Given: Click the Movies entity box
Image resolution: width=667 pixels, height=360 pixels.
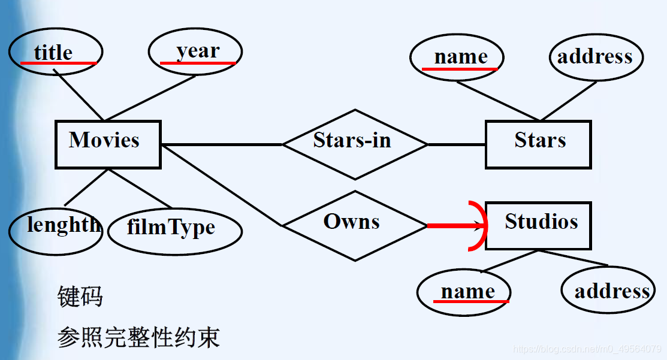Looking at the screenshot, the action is (x=108, y=144).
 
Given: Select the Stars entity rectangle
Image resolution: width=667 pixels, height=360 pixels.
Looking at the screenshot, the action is (x=538, y=144).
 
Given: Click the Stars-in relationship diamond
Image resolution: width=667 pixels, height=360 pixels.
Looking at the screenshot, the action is (x=354, y=144).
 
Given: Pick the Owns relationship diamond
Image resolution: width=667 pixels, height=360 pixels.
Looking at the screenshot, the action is (x=354, y=225).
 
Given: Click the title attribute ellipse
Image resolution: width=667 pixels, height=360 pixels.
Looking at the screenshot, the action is (x=56, y=52).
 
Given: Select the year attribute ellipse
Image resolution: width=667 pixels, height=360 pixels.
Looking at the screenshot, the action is (x=195, y=52).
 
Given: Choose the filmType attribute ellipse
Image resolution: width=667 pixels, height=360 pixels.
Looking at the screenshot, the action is (x=175, y=230).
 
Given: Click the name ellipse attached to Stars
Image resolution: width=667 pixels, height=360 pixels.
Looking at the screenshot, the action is (x=457, y=57).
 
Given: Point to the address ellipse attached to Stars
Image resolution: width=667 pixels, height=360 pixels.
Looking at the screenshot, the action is (x=596, y=57).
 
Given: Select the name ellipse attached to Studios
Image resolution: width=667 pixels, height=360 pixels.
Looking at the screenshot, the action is (x=464, y=292).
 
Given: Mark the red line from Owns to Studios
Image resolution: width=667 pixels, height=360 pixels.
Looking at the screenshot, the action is (x=452, y=226).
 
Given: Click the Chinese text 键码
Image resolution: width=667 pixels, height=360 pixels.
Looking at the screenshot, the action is (x=80, y=297).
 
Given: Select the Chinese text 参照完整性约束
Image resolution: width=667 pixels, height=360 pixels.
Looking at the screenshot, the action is (x=138, y=337).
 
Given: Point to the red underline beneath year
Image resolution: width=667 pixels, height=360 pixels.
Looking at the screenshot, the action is (x=198, y=63).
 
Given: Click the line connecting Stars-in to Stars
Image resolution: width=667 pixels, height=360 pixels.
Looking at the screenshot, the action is (x=456, y=144).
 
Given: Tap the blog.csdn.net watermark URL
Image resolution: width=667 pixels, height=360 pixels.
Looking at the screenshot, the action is (x=587, y=349).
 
